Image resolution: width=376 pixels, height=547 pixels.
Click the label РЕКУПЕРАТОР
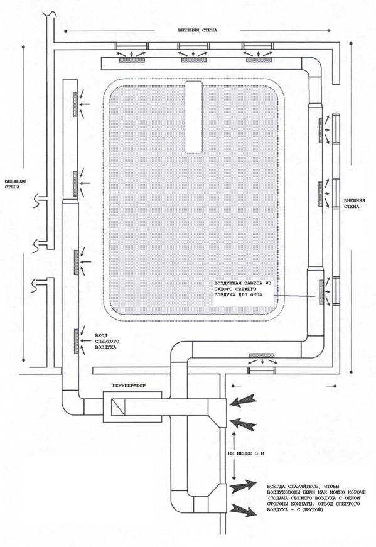(129, 386)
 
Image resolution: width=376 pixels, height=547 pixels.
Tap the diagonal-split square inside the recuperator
(118, 408)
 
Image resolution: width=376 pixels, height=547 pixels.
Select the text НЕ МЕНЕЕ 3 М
(246, 453)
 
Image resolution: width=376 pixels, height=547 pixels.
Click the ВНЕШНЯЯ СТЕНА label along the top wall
(198, 30)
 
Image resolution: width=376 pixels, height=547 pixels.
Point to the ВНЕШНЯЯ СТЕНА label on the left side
(15, 184)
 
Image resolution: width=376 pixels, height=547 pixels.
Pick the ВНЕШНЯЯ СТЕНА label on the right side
(355, 203)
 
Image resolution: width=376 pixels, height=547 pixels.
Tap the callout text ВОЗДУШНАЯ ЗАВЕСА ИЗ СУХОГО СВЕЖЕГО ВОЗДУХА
(243, 289)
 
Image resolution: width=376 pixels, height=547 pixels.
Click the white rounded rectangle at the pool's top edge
(193, 117)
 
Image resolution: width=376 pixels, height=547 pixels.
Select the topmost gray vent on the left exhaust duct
(75, 105)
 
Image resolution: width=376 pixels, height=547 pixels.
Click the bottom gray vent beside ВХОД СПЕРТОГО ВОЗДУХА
(76, 341)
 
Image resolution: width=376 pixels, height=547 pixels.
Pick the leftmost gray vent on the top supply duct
(132, 60)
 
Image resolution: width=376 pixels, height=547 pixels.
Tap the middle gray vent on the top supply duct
(193, 60)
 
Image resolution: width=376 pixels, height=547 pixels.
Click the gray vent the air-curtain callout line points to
(321, 292)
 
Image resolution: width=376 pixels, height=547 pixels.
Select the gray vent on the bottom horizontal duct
(262, 355)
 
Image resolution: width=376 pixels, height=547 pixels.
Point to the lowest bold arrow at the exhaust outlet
(243, 510)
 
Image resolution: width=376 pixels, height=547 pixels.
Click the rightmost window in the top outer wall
(258, 46)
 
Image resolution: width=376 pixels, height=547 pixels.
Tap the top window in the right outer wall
(336, 129)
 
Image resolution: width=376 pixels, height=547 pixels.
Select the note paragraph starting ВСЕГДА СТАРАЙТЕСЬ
(316, 498)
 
